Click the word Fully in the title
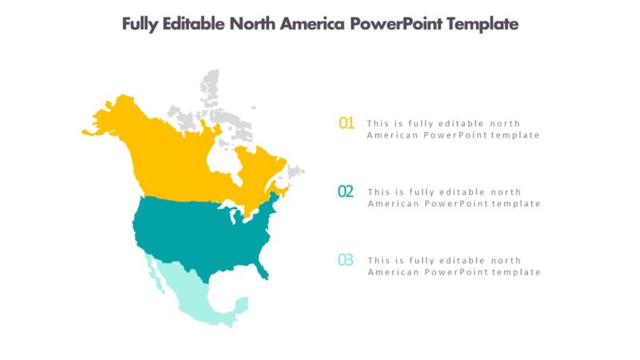point(139,24)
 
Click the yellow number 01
point(346,123)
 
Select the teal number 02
point(346,191)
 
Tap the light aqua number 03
point(346,260)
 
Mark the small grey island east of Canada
point(296,170)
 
